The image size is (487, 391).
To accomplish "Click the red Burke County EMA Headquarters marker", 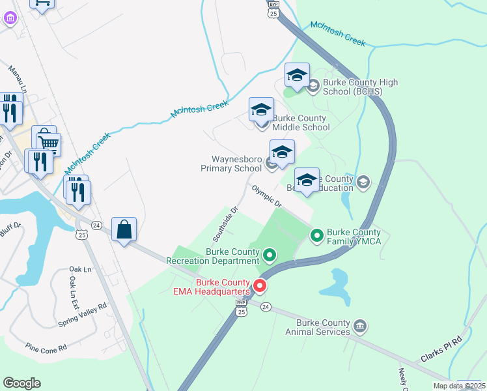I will tap(260, 285).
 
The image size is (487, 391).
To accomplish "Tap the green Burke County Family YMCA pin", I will tap(317, 235).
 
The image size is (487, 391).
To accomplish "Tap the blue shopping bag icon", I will tap(124, 230).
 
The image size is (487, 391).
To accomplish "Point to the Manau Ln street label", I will tap(17, 77).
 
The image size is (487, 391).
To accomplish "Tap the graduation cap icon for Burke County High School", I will tap(297, 76).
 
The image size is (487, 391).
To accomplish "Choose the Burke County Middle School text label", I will tap(301, 123).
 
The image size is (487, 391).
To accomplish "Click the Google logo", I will tap(21, 383).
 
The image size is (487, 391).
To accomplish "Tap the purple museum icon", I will tap(10, 18).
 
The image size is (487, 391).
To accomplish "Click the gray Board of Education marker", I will tap(363, 183).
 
